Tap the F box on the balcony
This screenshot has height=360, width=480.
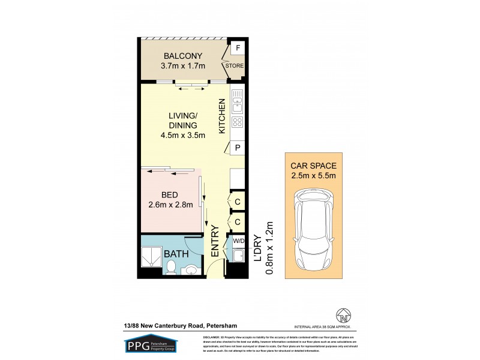point(238,48)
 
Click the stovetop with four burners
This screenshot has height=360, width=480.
point(237,122)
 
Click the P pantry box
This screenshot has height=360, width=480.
point(238,148)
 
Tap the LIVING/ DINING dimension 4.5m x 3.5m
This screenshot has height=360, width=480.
point(183,135)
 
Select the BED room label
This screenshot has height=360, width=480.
point(170,194)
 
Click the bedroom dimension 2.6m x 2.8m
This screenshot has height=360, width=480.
point(170,205)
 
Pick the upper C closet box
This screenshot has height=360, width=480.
point(238,202)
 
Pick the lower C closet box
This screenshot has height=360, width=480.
point(238,222)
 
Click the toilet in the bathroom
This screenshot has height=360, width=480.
point(171,268)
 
